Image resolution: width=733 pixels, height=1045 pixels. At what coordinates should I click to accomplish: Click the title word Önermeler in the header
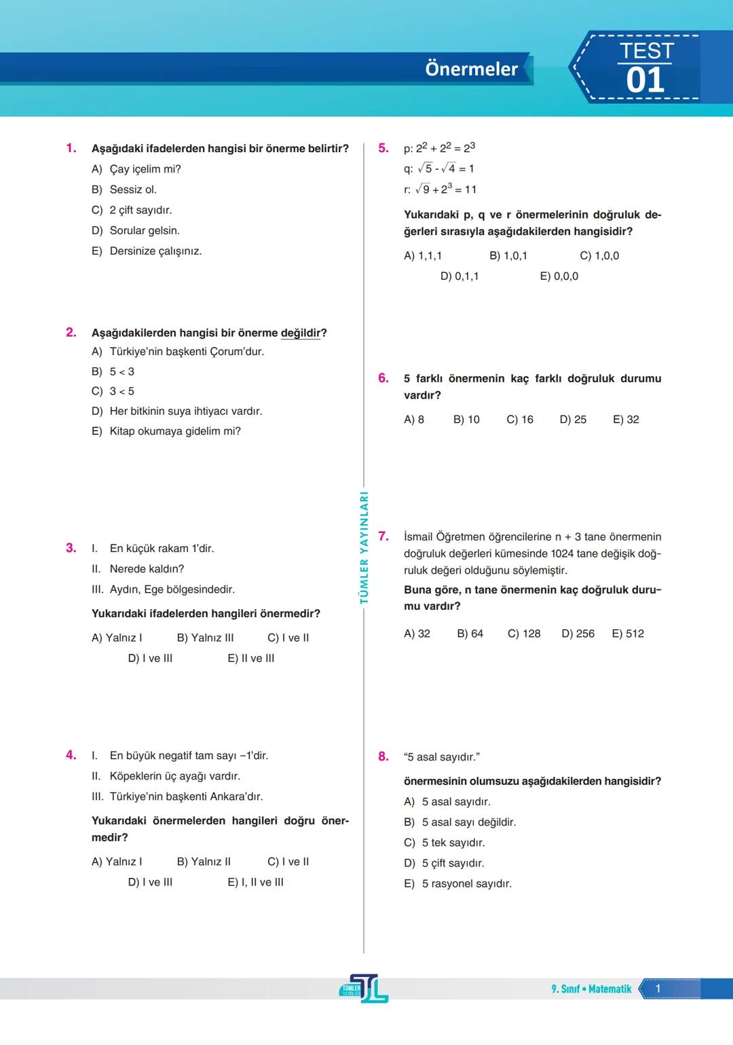pos(471,69)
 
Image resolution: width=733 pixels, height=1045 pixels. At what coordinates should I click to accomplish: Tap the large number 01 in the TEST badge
pos(645,81)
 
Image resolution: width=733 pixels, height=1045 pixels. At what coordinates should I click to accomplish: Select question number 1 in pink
pos(71,148)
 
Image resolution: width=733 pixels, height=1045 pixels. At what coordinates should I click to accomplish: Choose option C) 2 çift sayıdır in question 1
pos(132,210)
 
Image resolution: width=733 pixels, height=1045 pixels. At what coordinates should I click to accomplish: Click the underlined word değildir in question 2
pos(301,333)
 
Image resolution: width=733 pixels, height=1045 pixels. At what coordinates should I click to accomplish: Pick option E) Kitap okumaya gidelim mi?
pos(166,431)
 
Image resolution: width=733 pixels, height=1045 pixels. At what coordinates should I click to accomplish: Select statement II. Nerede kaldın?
pos(138,569)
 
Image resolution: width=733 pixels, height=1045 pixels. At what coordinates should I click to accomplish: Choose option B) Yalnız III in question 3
pos(205,638)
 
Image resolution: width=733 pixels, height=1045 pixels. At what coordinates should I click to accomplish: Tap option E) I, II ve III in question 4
pos(255,882)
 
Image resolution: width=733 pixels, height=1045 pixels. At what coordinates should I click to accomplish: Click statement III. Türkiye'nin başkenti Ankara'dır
pos(178,796)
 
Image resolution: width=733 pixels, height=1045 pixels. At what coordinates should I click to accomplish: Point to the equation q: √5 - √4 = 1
pos(439,168)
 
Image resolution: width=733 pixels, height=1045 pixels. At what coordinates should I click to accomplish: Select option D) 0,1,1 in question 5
pos(459,276)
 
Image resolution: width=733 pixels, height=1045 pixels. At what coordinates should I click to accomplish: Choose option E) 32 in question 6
pos(626,420)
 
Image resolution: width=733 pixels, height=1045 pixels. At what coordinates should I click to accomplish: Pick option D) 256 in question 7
pos(578,634)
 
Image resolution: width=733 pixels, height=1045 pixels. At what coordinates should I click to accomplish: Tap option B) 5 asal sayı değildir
pos(460,822)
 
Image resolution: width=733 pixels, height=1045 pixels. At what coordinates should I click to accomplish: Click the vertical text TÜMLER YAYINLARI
pos(364,547)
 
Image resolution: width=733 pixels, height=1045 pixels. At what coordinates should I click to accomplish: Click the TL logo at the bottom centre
pos(364,989)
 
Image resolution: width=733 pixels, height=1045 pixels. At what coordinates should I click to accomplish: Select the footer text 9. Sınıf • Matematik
pos(591,989)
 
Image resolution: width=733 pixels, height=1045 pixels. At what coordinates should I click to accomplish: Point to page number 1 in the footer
pos(658,989)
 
